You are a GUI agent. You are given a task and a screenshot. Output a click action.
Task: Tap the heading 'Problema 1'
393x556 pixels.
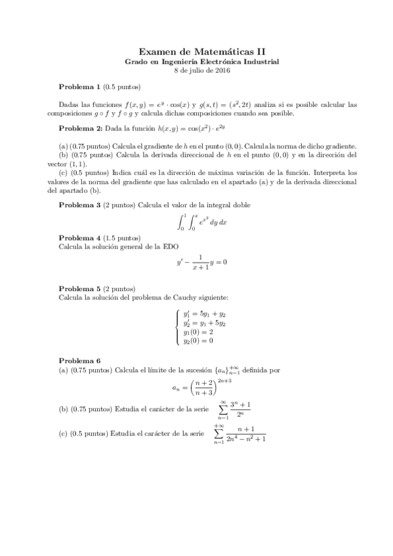coord(80,87)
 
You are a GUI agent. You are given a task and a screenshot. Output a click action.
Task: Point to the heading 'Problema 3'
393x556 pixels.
coord(80,205)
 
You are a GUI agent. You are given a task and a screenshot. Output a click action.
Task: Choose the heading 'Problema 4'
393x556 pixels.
coord(80,237)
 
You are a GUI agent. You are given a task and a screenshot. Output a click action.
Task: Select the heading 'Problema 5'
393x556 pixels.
coord(80,288)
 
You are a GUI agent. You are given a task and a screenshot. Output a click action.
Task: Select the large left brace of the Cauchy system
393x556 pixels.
coord(178,327)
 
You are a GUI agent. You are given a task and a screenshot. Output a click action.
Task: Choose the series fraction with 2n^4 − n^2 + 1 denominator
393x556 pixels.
coord(242,434)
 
